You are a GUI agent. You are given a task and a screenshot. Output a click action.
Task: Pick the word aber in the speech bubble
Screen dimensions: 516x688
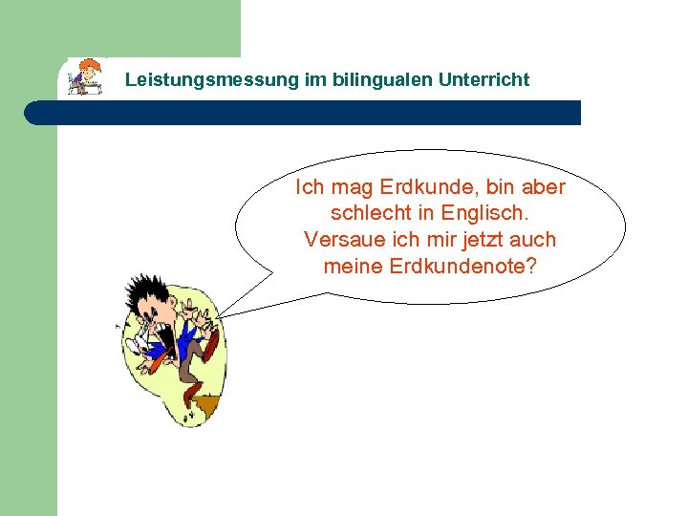542,187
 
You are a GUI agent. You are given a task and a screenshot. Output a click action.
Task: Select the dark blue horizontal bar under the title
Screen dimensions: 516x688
306,113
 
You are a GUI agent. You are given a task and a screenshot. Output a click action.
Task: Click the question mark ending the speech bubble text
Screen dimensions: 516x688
532,266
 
